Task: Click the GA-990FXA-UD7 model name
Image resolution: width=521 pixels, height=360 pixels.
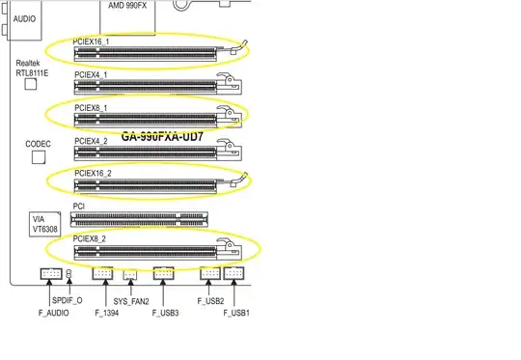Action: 162,137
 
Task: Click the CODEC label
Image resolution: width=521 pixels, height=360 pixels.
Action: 40,144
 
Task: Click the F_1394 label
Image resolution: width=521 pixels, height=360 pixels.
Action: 109,313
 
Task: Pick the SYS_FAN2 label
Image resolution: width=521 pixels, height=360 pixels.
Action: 132,301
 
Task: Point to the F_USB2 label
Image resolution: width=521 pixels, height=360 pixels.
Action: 210,301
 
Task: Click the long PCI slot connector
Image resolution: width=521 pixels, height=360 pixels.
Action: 141,218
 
